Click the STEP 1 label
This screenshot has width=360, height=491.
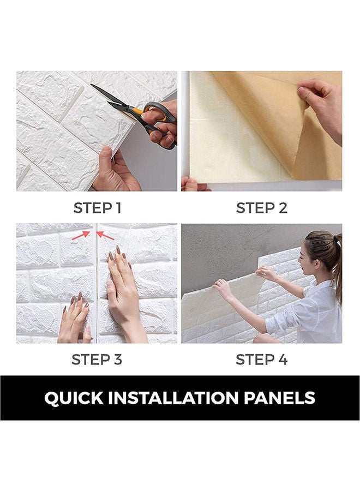[x=97, y=208]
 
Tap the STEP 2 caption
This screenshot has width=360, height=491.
[x=261, y=208]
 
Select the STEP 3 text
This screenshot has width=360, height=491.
[x=97, y=360]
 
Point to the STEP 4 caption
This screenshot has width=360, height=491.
[x=261, y=360]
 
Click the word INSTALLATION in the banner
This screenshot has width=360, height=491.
[x=176, y=398]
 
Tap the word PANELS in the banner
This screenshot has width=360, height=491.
[x=280, y=398]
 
